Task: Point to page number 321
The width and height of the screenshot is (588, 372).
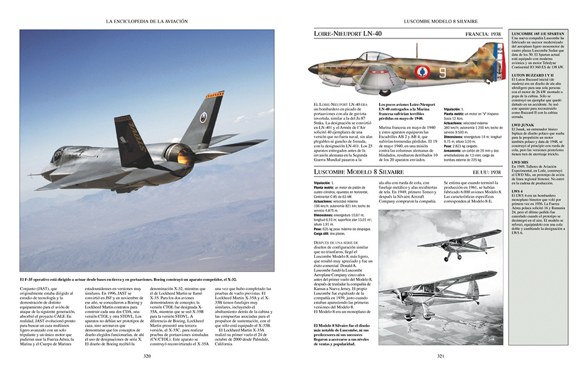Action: [x=440, y=356]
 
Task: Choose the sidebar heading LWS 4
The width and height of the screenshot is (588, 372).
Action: [x=516, y=192]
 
